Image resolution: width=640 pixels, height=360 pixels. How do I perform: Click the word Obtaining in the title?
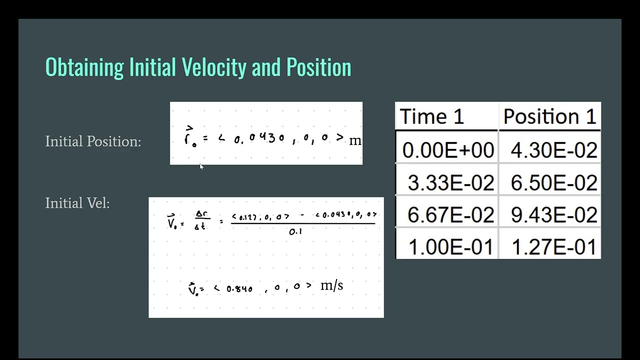tap(84, 67)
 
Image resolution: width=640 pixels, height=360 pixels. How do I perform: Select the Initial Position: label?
tap(93, 141)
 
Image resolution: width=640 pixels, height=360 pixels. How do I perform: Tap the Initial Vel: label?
tap(77, 203)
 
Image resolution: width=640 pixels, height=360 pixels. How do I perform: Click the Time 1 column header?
tap(432, 116)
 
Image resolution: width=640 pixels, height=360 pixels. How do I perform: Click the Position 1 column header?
tap(549, 116)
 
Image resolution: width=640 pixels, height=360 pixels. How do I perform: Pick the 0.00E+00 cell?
tap(448, 150)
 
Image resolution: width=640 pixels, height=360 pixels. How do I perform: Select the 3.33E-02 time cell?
tap(450, 183)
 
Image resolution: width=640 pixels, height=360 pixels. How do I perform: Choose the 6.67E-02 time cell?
tap(450, 215)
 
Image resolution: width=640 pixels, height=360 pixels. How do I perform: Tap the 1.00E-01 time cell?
tap(450, 247)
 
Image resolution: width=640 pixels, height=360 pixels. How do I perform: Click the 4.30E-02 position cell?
tap(553, 150)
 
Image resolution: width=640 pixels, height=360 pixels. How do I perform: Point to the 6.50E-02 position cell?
tap(553, 183)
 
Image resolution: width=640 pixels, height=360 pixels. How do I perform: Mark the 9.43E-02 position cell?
tap(553, 215)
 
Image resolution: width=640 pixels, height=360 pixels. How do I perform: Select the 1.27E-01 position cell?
tap(553, 247)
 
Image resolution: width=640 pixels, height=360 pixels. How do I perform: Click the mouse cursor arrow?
tap(201, 167)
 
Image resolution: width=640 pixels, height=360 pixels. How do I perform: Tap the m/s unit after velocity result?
tap(331, 285)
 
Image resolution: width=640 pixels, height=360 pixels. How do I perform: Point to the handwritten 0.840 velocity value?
tap(239, 288)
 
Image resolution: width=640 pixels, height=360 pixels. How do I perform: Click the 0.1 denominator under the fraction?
tap(295, 232)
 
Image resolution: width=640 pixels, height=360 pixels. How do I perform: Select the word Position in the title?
tap(318, 67)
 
